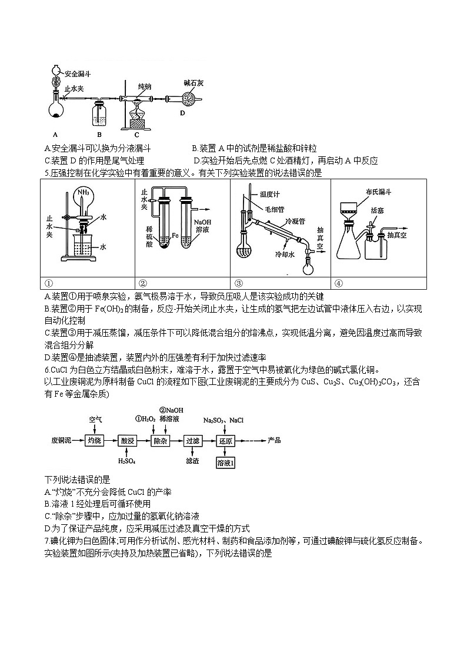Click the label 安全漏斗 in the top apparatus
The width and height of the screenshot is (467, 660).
(78, 75)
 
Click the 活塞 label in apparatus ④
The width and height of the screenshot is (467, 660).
(378, 210)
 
